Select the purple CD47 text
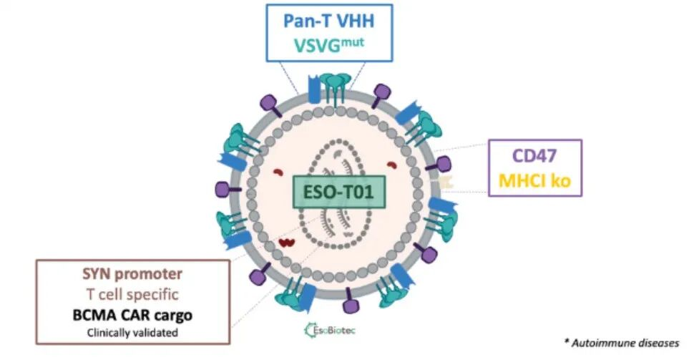click(x=536, y=155)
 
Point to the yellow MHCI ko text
click(x=536, y=180)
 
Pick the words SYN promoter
click(x=132, y=274)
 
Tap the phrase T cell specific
click(x=132, y=293)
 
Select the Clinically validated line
click(x=132, y=331)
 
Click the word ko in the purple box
click(x=561, y=180)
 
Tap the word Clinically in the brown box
click(x=112, y=331)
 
